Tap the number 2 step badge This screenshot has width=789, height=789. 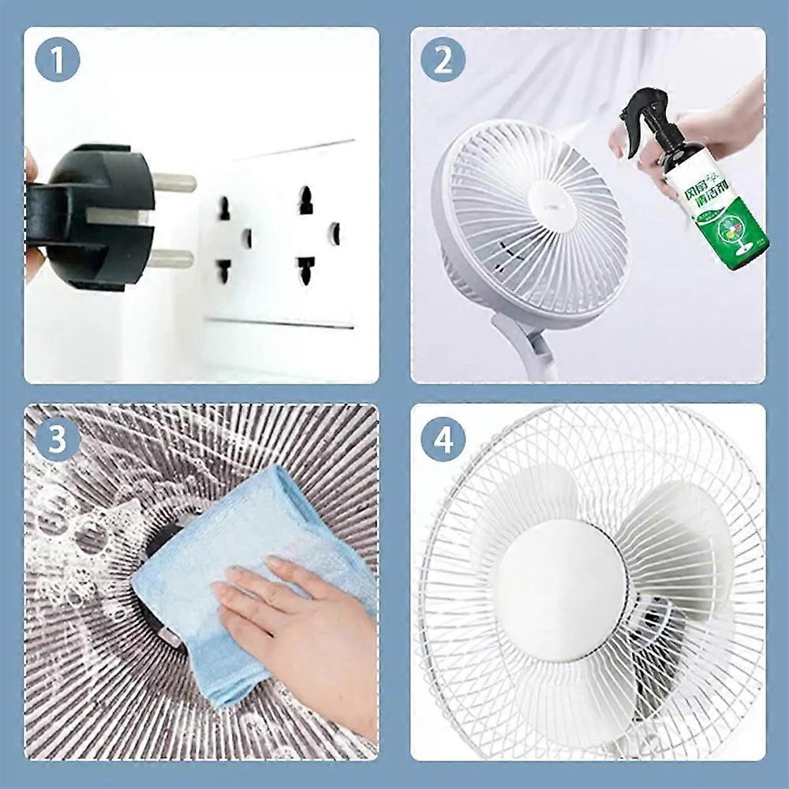tap(442, 61)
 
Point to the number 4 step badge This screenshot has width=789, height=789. tap(442, 439)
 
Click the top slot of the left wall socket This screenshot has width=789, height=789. tap(225, 208)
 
